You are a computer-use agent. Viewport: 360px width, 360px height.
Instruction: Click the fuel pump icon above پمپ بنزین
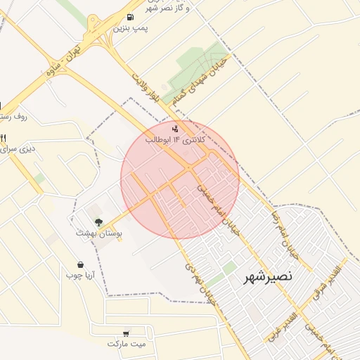click(x=129, y=17)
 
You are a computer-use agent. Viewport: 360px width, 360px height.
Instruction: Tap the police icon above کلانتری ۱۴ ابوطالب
click(x=175, y=129)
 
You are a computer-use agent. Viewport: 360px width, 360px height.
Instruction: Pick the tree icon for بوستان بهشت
click(x=98, y=222)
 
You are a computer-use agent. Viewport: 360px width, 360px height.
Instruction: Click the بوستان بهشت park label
click(x=99, y=233)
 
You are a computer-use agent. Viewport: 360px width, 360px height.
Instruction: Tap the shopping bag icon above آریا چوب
click(x=81, y=265)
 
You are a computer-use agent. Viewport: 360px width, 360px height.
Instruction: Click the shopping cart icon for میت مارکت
click(x=126, y=333)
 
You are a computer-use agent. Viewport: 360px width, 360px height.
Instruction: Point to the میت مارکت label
click(x=126, y=344)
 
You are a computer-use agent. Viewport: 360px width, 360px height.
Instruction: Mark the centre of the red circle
click(x=180, y=179)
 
